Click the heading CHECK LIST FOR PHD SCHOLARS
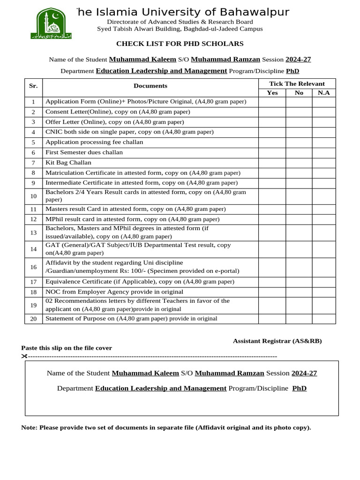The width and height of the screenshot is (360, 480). pyautogui.click(x=180, y=44)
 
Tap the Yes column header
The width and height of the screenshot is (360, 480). pyautogui.click(x=272, y=93)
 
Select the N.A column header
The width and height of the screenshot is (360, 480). pyautogui.click(x=323, y=93)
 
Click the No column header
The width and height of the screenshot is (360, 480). pyautogui.click(x=299, y=93)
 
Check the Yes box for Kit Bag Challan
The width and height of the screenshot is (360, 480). pyautogui.click(x=272, y=163)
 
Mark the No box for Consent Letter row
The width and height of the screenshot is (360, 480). pyautogui.click(x=299, y=112)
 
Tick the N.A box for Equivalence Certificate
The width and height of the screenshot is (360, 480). pyautogui.click(x=323, y=282)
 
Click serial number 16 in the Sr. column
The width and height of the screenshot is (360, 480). pyautogui.click(x=33, y=267)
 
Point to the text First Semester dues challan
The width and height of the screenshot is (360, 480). pyautogui.click(x=84, y=152)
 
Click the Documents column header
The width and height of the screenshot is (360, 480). pyautogui.click(x=150, y=86)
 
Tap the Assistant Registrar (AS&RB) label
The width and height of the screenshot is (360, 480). pyautogui.click(x=277, y=341)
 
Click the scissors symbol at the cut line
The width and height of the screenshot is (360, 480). pyautogui.click(x=24, y=356)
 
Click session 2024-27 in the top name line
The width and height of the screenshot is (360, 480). pyautogui.click(x=298, y=60)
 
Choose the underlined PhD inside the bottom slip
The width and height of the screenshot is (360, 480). pyautogui.click(x=299, y=389)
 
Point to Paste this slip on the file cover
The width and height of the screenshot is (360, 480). pyautogui.click(x=67, y=348)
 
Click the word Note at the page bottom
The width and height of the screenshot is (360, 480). pyautogui.click(x=29, y=427)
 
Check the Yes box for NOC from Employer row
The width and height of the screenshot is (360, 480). pyautogui.click(x=272, y=292)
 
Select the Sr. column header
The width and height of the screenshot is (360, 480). pyautogui.click(x=33, y=86)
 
